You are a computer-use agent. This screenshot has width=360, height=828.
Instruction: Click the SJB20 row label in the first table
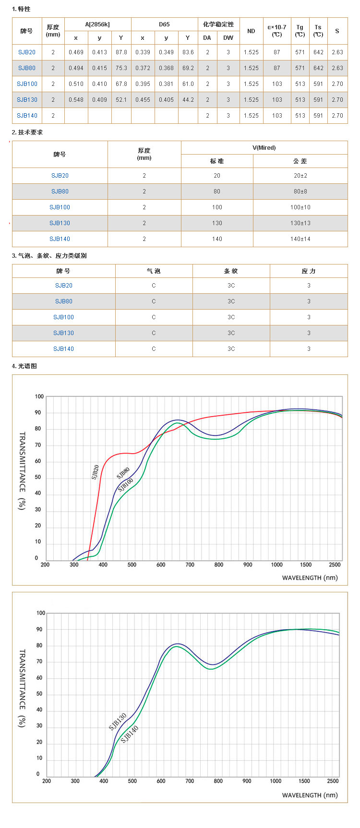[27, 52]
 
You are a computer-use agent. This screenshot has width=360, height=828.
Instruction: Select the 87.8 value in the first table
[121, 52]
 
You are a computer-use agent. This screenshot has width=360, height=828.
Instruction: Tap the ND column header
[251, 31]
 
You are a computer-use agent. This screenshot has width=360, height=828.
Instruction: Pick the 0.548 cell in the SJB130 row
[76, 100]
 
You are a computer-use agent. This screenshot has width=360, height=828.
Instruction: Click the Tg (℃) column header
[300, 31]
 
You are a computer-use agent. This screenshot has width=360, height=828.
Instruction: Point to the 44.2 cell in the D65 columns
[188, 100]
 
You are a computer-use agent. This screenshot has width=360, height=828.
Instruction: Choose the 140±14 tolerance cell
[300, 239]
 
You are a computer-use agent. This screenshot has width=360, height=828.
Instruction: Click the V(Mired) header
[264, 148]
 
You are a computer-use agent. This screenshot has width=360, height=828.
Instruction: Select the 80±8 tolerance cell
[300, 192]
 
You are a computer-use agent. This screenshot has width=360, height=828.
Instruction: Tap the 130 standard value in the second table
[217, 223]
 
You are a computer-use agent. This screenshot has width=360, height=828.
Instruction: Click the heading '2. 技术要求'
[27, 132]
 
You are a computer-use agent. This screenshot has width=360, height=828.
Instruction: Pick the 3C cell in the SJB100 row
[231, 317]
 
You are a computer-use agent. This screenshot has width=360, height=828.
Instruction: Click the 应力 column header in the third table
[309, 271]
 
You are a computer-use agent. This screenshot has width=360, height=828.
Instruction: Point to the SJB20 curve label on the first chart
[96, 472]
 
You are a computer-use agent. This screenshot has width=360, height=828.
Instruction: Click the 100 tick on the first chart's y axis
[39, 396]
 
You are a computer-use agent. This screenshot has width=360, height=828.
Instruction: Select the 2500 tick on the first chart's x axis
[335, 565]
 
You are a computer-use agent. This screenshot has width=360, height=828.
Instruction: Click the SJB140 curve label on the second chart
[130, 734]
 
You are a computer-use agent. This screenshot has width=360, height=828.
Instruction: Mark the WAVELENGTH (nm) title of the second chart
[310, 795]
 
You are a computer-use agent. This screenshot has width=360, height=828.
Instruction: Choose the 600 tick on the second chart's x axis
[161, 781]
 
